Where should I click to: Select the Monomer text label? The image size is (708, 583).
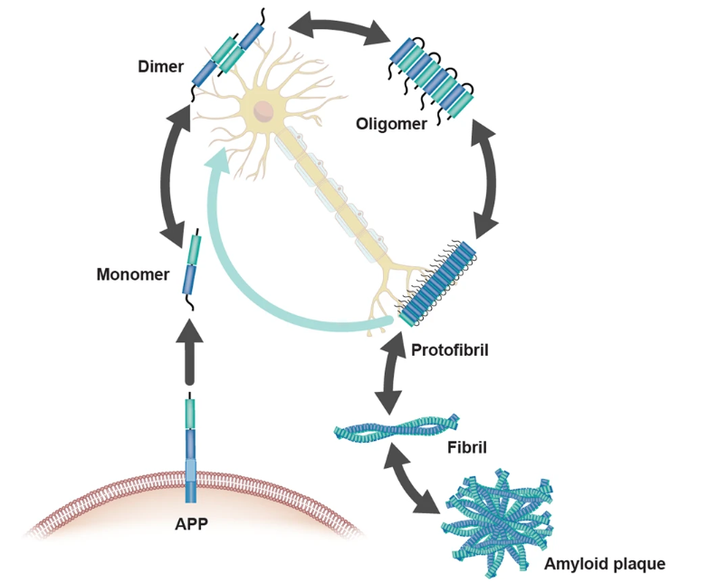(133, 273)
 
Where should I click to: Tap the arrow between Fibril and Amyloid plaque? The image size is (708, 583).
(413, 478)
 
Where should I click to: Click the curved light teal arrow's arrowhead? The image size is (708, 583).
(216, 165)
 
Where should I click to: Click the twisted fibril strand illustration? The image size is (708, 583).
(396, 428)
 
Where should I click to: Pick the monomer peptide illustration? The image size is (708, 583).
(191, 267)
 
